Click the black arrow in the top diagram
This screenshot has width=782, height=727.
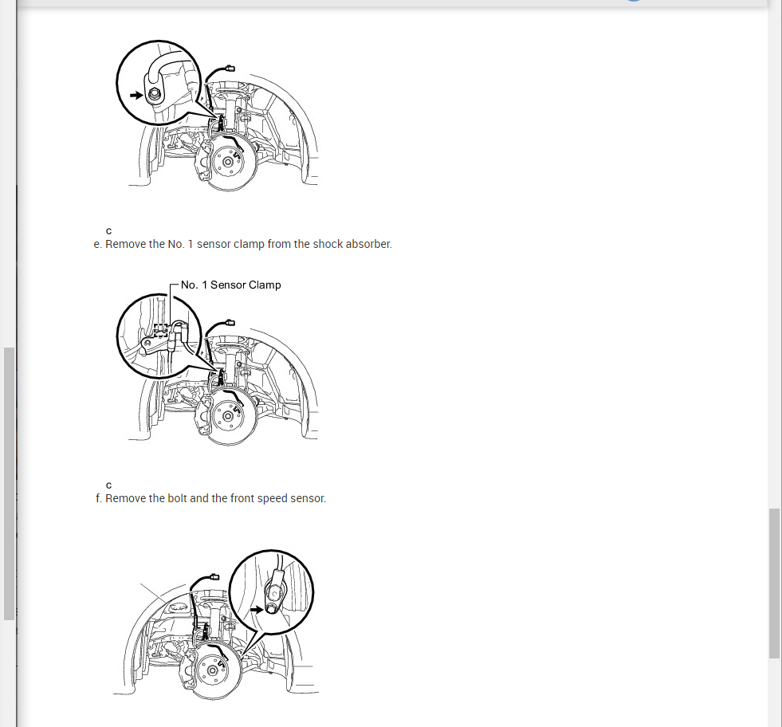pyautogui.click(x=136, y=95)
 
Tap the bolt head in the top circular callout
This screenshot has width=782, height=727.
pyautogui.click(x=154, y=94)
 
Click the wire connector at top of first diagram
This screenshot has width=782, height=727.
pyautogui.click(x=230, y=69)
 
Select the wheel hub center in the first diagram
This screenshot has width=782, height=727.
pyautogui.click(x=228, y=162)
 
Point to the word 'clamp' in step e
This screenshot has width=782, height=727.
pyautogui.click(x=249, y=245)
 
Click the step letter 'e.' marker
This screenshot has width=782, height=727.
pyautogui.click(x=98, y=245)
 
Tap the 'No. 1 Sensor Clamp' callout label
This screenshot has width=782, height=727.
pyautogui.click(x=231, y=285)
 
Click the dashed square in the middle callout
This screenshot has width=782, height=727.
pyautogui.click(x=160, y=330)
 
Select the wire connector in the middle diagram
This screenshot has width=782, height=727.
pyautogui.click(x=230, y=323)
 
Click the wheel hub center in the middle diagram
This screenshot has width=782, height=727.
pyautogui.click(x=228, y=416)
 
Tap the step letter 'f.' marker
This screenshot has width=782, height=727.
pyautogui.click(x=99, y=499)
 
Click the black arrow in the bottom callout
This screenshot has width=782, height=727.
pyautogui.click(x=257, y=609)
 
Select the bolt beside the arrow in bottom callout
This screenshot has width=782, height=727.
pyautogui.click(x=270, y=609)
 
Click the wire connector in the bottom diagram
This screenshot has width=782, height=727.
pyautogui.click(x=214, y=577)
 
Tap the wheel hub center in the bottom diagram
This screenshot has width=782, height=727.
pyautogui.click(x=213, y=670)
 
